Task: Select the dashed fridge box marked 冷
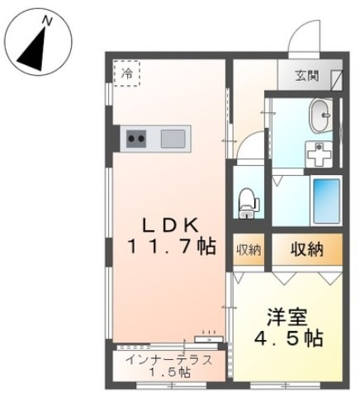point(127,73)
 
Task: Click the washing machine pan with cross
point(315,152)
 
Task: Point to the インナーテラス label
point(168,360)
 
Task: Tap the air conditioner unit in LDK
point(208,338)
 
